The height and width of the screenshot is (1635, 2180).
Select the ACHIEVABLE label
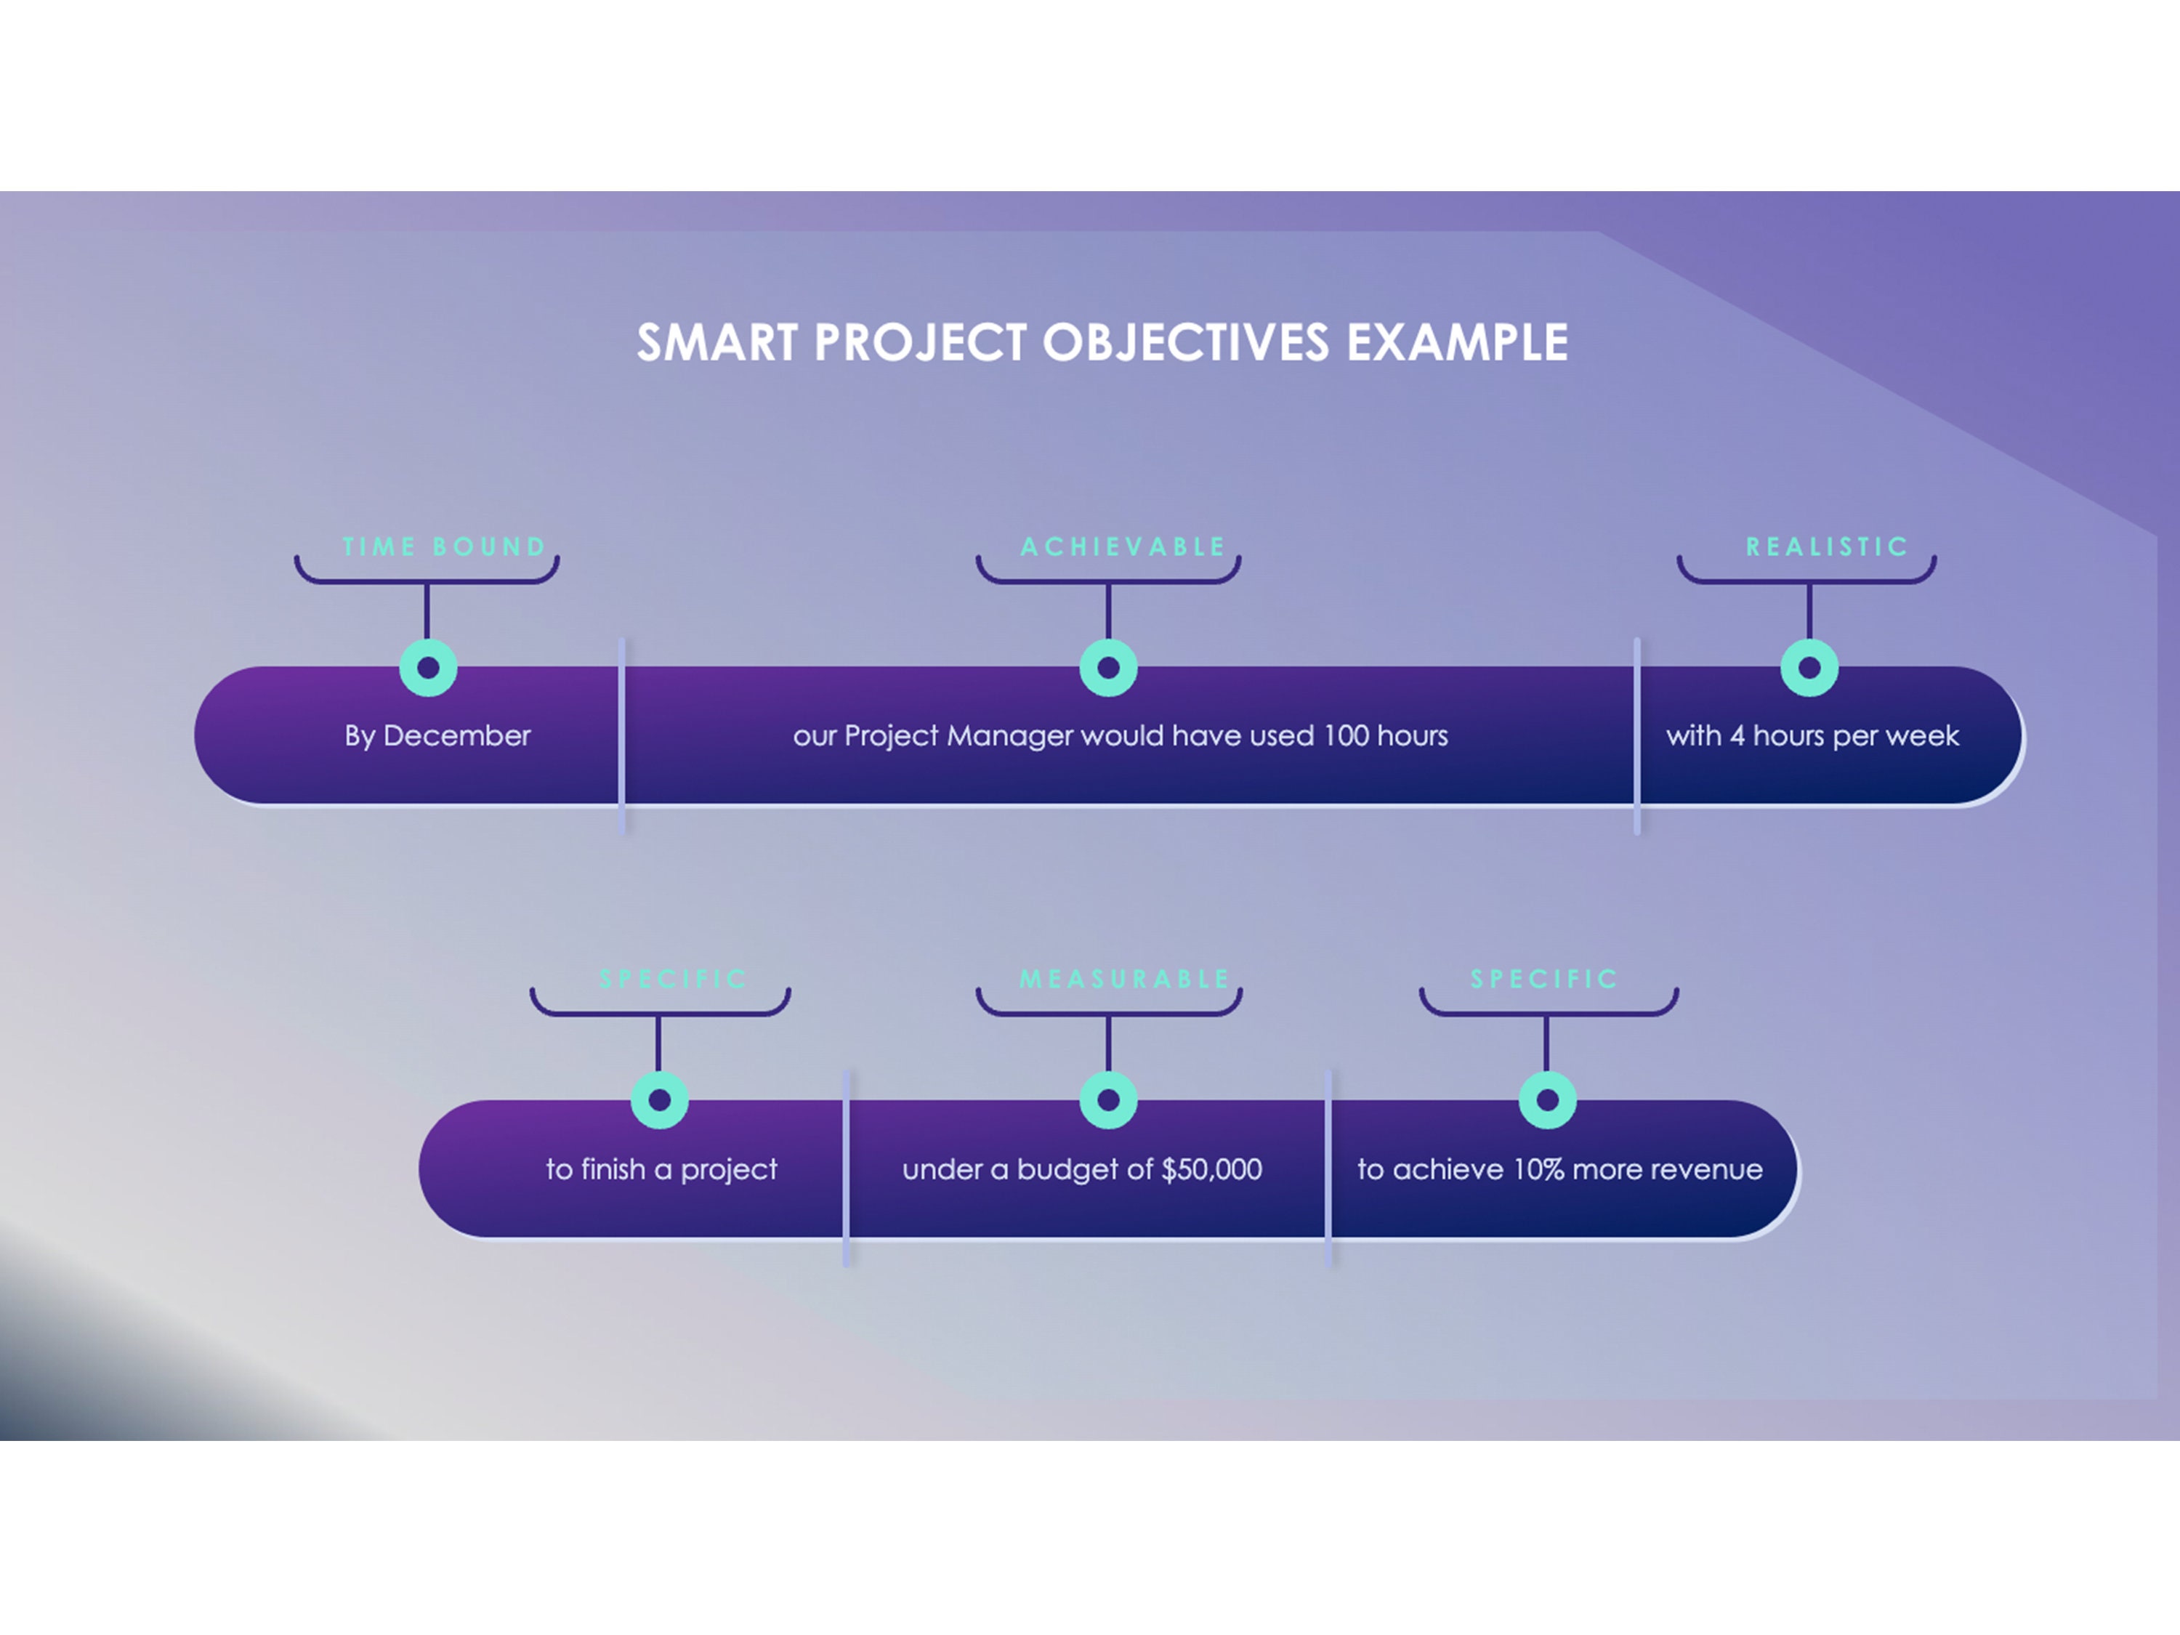[x=1123, y=547]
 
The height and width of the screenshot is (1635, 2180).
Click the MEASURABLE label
[x=1124, y=980]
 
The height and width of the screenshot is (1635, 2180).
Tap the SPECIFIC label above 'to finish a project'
[x=673, y=980]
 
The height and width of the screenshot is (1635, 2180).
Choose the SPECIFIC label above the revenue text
[x=1544, y=980]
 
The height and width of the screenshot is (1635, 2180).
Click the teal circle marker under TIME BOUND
[x=428, y=669]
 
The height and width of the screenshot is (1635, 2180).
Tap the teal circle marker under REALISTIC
[x=1809, y=669]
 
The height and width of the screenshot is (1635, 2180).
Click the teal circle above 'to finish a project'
[x=659, y=1100]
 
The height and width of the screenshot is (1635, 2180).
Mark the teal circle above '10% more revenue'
[x=1546, y=1100]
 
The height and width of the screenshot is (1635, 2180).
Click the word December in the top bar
[x=456, y=736]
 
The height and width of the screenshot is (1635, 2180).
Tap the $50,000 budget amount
[x=1211, y=1170]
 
